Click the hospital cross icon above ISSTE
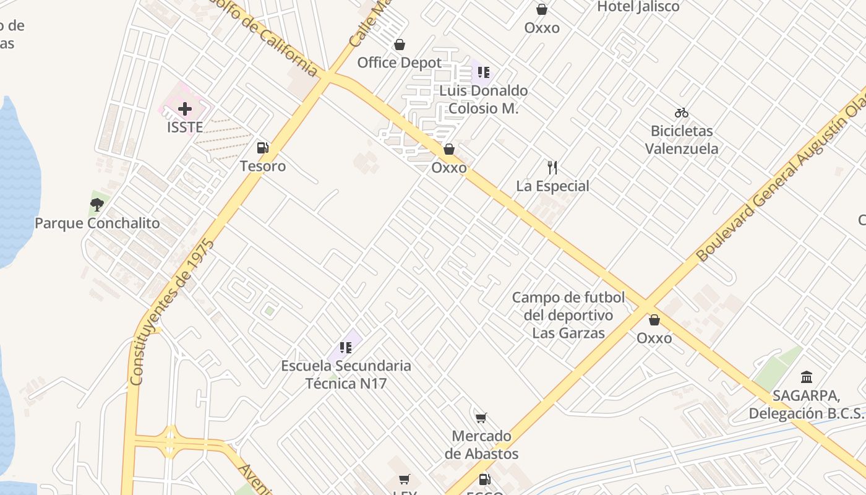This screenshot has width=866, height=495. (184, 110)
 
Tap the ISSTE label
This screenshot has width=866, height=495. (185, 127)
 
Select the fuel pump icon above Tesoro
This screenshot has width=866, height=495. (263, 148)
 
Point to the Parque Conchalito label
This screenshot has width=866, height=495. (97, 223)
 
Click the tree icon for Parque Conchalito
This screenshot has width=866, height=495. (96, 204)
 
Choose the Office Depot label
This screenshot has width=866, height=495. (400, 62)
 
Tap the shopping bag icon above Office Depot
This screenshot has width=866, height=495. (400, 45)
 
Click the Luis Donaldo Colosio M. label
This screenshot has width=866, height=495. (484, 99)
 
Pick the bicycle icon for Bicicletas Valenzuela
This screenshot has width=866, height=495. (682, 113)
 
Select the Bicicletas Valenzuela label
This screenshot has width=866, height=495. (682, 140)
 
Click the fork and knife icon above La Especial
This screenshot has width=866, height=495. (552, 167)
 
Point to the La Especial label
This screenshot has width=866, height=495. (552, 186)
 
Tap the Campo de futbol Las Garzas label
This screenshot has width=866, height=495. (568, 315)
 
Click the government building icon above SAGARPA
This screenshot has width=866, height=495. (807, 377)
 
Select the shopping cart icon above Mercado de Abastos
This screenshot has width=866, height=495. (481, 418)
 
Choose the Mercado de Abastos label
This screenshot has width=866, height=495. (481, 445)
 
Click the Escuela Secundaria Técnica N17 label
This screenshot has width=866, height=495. (346, 374)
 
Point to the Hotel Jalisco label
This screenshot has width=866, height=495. (638, 7)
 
